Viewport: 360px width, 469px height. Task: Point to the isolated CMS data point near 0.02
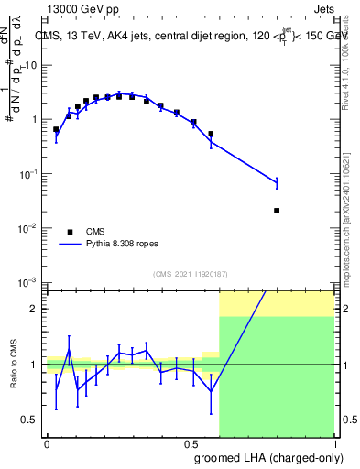coord(277,210)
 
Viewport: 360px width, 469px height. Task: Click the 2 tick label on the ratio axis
coord(36,310)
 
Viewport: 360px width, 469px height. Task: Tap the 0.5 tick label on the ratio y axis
coord(31,420)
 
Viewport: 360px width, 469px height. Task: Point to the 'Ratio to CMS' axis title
coord(13,365)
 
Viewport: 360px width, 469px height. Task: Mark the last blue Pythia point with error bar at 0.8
coord(277,184)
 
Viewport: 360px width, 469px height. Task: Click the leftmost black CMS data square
coord(56,130)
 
